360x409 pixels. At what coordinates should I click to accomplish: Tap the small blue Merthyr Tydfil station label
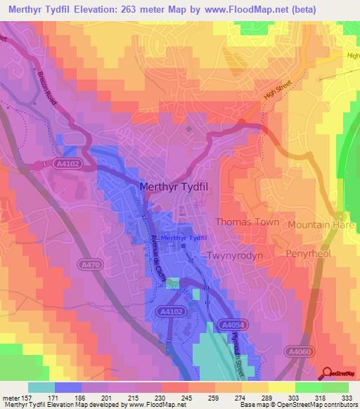(x=184, y=238)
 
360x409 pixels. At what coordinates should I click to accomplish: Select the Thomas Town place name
(x=247, y=222)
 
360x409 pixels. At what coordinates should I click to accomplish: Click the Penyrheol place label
(x=307, y=253)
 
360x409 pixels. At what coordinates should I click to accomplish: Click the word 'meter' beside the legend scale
(x=11, y=398)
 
